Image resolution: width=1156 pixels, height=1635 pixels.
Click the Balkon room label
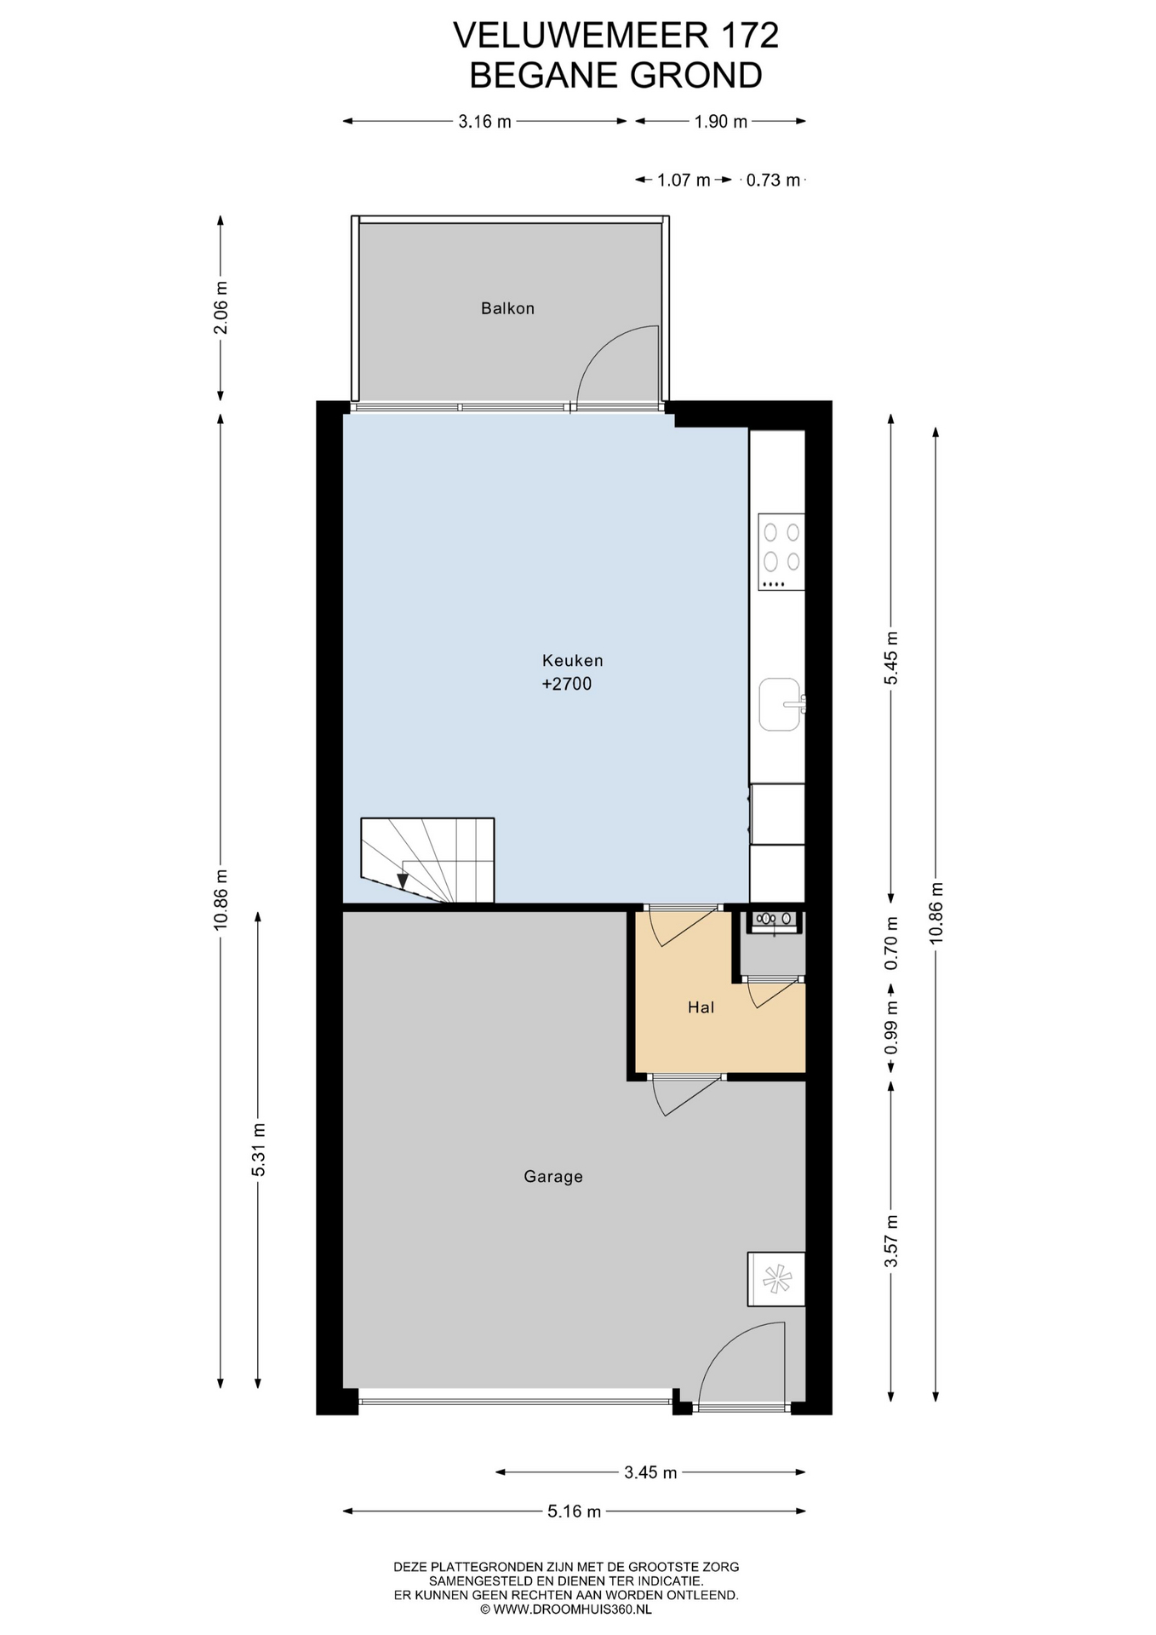point(507,308)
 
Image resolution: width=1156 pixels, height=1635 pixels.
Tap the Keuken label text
point(572,660)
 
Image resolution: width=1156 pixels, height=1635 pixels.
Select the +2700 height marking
point(567,684)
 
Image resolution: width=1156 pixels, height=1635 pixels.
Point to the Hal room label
point(701,1007)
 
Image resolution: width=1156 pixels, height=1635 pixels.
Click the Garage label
point(553,1177)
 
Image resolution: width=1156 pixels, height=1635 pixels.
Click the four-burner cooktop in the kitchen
point(781,552)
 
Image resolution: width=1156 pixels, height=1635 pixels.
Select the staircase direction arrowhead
point(403,881)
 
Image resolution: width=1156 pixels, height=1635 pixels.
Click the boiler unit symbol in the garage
point(775,1278)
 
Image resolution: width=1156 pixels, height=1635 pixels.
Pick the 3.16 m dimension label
point(484,122)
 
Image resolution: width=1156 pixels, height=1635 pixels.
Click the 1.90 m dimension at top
point(720,122)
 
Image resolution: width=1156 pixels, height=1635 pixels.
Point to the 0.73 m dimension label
point(773,181)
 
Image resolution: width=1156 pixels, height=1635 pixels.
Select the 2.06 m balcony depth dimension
point(220,307)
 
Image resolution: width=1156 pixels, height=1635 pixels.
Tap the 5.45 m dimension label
point(891,658)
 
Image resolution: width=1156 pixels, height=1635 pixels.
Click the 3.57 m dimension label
point(891,1242)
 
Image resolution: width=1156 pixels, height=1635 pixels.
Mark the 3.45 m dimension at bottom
point(650,1472)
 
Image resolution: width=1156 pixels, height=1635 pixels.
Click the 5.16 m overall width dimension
point(574,1512)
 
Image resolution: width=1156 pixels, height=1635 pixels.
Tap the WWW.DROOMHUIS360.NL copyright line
point(566,1609)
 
